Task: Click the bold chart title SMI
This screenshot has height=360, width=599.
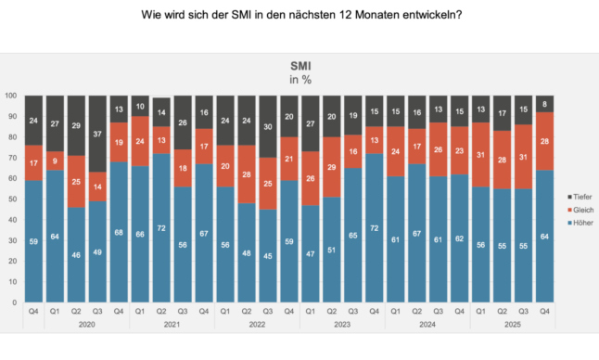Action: pyautogui.click(x=299, y=68)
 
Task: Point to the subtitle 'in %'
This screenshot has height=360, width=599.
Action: pyautogui.click(x=299, y=81)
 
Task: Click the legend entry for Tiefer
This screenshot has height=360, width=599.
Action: pyautogui.click(x=579, y=196)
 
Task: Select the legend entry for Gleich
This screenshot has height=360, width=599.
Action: pyautogui.click(x=579, y=210)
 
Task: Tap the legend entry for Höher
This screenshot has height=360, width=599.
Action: pyautogui.click(x=579, y=224)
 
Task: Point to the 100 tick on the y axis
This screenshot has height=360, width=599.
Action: pyautogui.click(x=11, y=96)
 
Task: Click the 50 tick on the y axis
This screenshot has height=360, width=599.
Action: pyautogui.click(x=13, y=199)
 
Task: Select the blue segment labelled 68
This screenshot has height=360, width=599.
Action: pyautogui.click(x=121, y=232)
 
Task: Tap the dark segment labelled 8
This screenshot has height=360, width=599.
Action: pyautogui.click(x=546, y=104)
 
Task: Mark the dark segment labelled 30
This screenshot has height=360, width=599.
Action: pyautogui.click(x=269, y=126)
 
